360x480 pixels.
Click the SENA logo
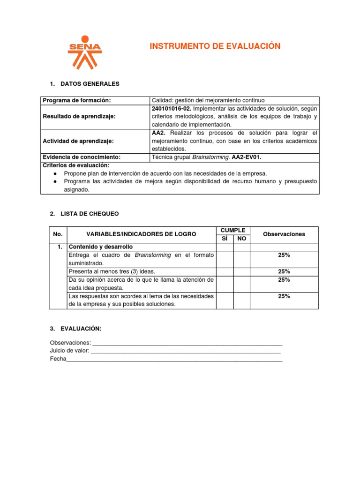(84, 52)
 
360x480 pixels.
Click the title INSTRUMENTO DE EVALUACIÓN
(215, 46)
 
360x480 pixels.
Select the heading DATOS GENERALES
(90, 84)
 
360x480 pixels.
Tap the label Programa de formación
(76, 100)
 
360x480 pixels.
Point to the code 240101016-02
(171, 108)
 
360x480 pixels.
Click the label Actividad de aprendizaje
(78, 141)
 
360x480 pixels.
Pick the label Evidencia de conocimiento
(82, 157)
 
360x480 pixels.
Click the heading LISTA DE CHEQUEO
(90, 214)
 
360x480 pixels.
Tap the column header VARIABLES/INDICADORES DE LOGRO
(141, 234)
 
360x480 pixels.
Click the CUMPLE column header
(233, 230)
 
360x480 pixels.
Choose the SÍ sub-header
(225, 239)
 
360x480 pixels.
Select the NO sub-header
(242, 239)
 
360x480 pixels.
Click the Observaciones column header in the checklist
(284, 234)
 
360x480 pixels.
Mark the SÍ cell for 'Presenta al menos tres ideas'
(225, 271)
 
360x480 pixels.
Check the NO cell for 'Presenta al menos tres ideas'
(242, 271)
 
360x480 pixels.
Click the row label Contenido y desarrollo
(101, 247)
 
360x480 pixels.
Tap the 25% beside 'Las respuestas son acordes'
(284, 296)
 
